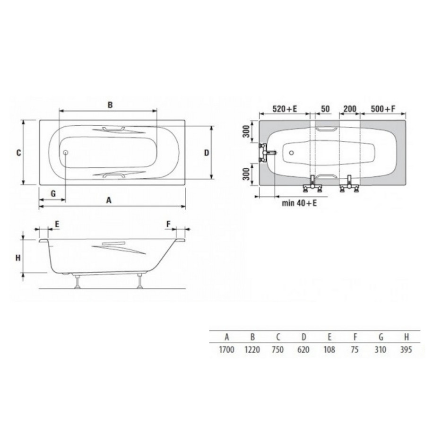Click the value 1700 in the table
tap(226, 350)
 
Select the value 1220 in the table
tap(252, 350)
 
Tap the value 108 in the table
tap(329, 350)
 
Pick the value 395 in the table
tap(406, 350)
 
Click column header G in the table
tap(381, 337)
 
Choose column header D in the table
tap(303, 337)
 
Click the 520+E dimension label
tap(285, 109)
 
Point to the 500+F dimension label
tap(383, 109)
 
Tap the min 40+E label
tap(299, 203)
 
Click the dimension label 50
tap(325, 109)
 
